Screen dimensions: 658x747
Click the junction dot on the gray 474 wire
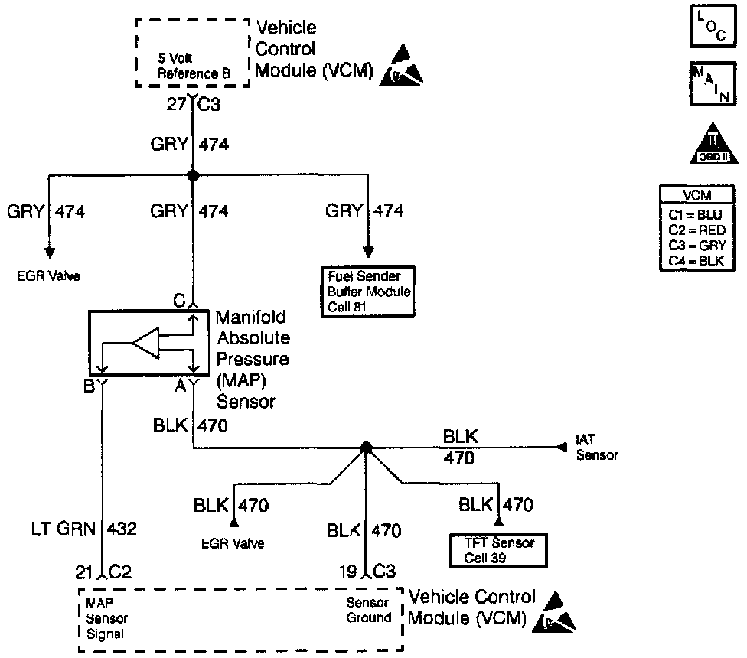193,175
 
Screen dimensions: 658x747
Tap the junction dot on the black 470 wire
366,448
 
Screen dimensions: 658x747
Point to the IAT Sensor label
595,448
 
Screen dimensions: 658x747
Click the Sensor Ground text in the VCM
369,610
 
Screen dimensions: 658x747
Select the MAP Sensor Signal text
107,618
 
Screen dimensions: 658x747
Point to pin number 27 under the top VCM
176,105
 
